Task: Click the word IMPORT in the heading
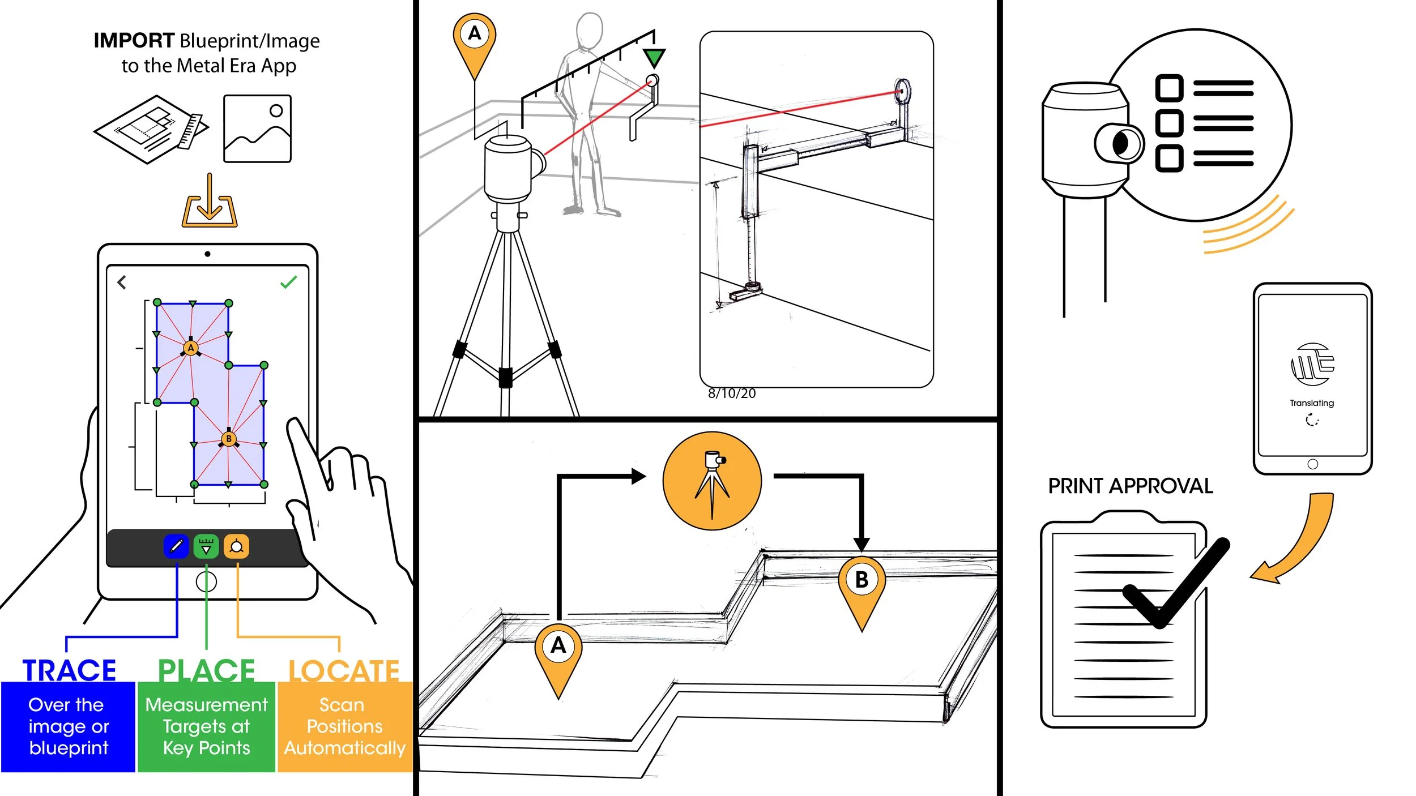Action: pyautogui.click(x=134, y=41)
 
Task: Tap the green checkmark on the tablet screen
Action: pyautogui.click(x=288, y=282)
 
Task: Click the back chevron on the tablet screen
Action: pyautogui.click(x=122, y=282)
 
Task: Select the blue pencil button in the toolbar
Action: pyautogui.click(x=176, y=546)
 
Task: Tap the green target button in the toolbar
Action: pyautogui.click(x=206, y=546)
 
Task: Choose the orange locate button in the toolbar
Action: pyautogui.click(x=236, y=546)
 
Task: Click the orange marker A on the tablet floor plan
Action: pyautogui.click(x=191, y=348)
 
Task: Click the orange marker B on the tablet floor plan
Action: pyautogui.click(x=229, y=439)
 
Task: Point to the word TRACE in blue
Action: pyautogui.click(x=69, y=670)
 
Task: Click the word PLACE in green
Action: pyautogui.click(x=206, y=670)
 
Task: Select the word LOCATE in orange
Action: pyautogui.click(x=344, y=671)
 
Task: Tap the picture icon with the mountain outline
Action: pyautogui.click(x=257, y=129)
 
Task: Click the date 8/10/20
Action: pyautogui.click(x=731, y=393)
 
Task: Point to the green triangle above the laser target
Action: pyautogui.click(x=654, y=57)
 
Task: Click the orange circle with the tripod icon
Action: pyautogui.click(x=712, y=481)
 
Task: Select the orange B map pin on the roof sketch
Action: pyautogui.click(x=861, y=583)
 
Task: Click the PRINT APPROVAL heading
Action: pyautogui.click(x=1130, y=486)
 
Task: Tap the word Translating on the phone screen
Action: pyautogui.click(x=1312, y=403)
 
